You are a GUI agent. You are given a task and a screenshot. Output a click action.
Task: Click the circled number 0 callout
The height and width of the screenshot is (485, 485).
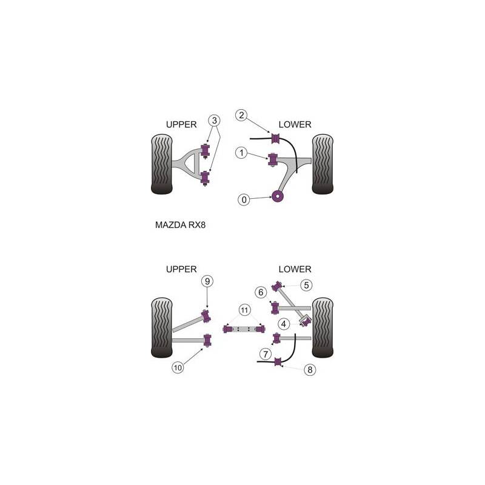244,200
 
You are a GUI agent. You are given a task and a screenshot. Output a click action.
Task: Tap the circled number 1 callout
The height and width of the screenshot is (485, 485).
241,153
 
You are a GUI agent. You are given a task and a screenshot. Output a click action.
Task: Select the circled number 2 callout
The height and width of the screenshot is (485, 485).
241,115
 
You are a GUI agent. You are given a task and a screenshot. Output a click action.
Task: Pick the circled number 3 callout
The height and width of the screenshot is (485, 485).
215,120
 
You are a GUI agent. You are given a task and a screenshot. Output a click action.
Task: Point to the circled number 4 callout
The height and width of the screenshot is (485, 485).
284,324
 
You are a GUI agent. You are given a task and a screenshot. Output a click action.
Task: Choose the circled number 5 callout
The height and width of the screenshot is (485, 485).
306,285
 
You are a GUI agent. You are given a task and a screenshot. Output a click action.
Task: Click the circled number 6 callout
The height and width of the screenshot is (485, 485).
261,292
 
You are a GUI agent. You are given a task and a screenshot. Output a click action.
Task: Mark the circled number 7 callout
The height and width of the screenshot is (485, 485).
266,354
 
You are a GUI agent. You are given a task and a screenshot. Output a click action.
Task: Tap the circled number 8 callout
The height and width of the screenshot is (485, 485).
310,370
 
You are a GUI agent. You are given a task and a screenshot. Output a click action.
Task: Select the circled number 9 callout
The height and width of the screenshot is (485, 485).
207,281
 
